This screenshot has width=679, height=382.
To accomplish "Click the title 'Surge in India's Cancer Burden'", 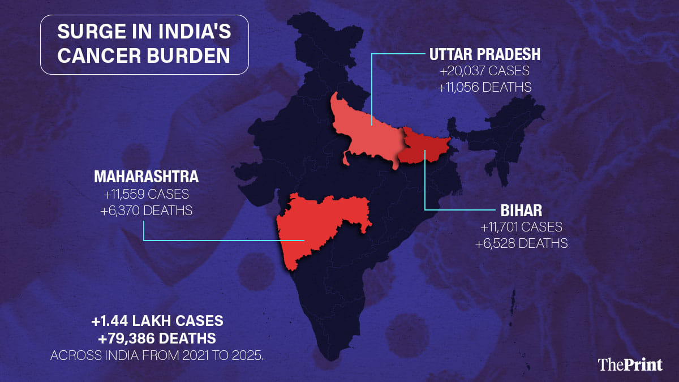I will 144,45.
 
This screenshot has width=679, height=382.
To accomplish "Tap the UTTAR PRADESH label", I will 485,54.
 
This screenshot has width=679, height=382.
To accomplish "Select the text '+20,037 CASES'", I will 485,72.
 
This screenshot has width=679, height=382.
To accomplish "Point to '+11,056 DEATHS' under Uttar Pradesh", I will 485,87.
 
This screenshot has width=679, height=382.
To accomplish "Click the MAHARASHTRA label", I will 146,177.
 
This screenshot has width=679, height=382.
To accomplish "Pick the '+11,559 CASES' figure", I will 146,194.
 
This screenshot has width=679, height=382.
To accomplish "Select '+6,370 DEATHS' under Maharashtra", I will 146,210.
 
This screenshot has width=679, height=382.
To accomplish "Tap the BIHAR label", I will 521,211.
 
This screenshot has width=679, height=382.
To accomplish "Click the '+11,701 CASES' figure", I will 521,228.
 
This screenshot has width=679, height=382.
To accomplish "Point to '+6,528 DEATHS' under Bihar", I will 521,243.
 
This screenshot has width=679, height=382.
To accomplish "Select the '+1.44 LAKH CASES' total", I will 157,321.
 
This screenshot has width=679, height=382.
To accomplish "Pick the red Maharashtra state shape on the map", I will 317,224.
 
